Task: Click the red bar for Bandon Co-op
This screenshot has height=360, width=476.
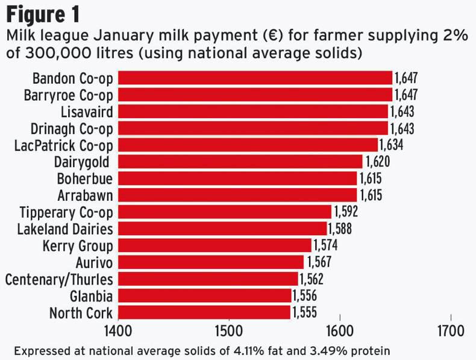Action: pos(255,78)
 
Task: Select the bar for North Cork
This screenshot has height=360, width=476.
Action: pos(204,312)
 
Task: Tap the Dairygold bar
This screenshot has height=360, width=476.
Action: pos(240,162)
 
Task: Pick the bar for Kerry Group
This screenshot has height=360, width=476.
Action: pos(215,245)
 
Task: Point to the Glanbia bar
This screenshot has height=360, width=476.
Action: pos(204,295)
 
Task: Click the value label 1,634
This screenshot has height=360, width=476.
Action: pos(391,145)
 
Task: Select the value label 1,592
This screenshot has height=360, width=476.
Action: pos(345,212)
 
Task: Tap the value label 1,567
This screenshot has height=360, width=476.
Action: pos(319,262)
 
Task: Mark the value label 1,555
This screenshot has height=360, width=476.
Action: pos(304,312)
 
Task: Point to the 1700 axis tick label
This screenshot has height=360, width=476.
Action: pos(451,331)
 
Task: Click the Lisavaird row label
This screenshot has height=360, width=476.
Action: pos(87,112)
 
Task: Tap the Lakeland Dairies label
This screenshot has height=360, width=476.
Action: pos(65,229)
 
